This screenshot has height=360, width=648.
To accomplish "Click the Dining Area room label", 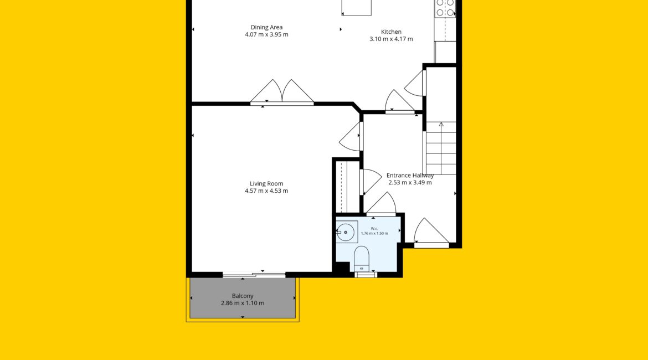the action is (266, 27).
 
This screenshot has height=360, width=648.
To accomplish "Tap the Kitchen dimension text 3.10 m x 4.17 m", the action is (391, 39).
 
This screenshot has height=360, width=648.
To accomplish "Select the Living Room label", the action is (266, 183).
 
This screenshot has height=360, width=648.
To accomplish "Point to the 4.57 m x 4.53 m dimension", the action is (266, 191).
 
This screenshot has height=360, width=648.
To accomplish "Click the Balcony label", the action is (243, 296).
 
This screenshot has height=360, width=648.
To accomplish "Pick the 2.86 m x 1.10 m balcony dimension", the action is (243, 303).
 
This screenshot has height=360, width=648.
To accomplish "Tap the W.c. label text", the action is (374, 229).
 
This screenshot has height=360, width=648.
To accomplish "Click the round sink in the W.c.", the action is (346, 232).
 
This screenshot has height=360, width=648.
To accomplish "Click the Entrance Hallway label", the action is (410, 175).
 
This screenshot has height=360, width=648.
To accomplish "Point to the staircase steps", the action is (441, 148).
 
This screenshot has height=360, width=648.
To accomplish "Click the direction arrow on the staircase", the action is (441, 124).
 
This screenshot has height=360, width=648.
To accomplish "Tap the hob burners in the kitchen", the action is (445, 8).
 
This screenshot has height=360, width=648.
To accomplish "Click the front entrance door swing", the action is (431, 232).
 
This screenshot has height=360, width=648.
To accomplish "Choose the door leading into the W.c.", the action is (381, 203).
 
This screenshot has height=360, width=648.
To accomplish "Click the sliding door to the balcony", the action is (254, 275).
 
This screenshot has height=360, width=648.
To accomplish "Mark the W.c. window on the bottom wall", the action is (366, 275).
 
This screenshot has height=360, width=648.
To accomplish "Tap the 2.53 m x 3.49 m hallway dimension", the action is (410, 182).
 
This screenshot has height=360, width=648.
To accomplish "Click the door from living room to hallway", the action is (351, 136).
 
